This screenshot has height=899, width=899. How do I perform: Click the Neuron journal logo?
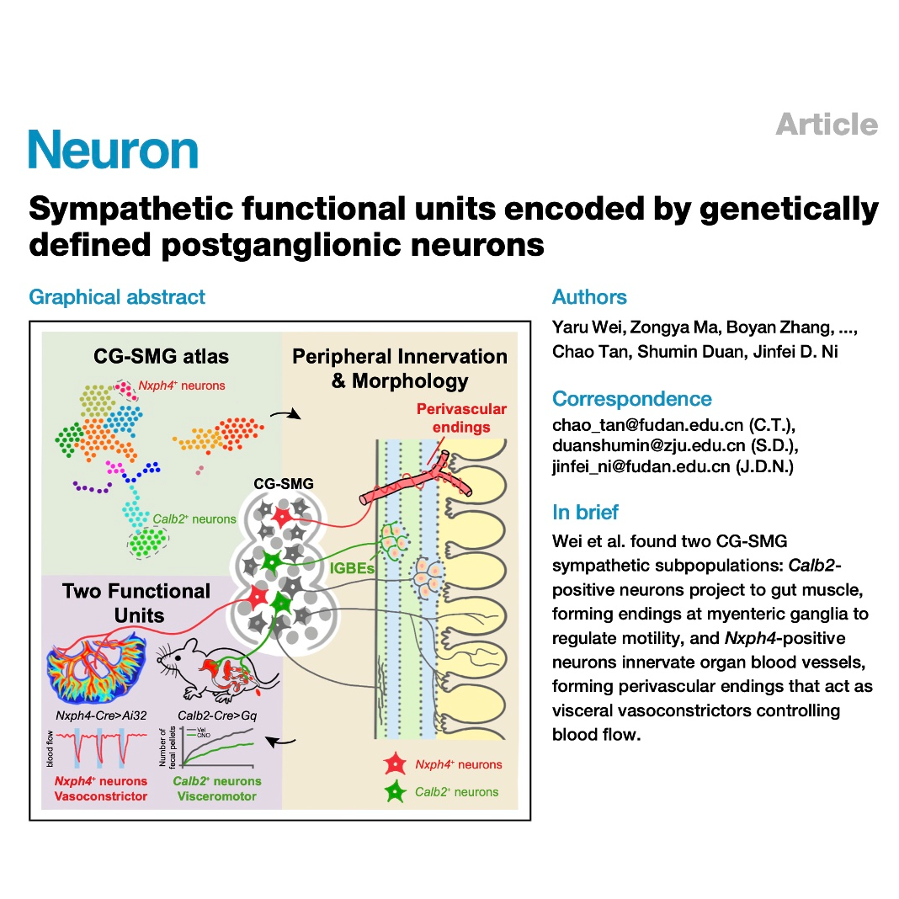tap(114, 150)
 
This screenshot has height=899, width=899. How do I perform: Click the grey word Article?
tap(826, 125)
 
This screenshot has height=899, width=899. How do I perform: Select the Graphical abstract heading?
tap(117, 297)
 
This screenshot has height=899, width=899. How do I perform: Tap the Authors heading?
tap(589, 297)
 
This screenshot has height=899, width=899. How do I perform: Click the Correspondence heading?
tap(631, 399)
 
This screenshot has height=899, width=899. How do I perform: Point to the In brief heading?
tap(585, 512)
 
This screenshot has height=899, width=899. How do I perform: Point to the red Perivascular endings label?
tap(462, 418)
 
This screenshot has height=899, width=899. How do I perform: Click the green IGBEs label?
tap(351, 568)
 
